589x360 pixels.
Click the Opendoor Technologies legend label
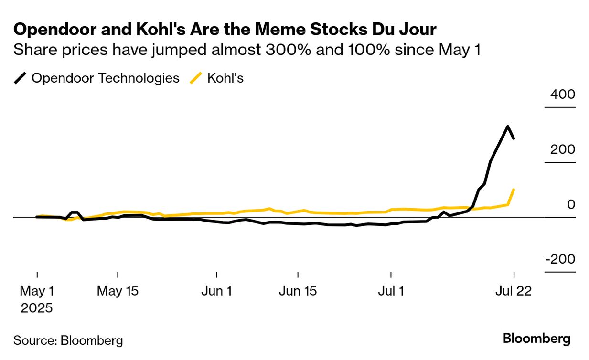tap(105, 78)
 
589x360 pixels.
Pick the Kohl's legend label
tap(225, 78)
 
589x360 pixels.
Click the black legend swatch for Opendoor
tap(21, 78)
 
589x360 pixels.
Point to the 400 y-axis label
tap(562, 94)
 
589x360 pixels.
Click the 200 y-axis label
tap(562, 149)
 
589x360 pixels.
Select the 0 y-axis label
tap(571, 204)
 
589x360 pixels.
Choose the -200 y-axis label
tap(559, 259)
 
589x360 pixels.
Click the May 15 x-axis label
tap(118, 291)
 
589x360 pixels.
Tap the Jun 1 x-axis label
tap(216, 291)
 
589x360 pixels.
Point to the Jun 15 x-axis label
tap(298, 291)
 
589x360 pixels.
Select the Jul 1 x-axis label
tap(391, 291)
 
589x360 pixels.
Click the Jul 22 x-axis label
tap(514, 291)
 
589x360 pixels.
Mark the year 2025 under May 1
tap(37, 308)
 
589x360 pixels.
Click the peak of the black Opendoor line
tap(507, 127)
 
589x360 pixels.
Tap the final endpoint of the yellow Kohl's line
tap(514, 190)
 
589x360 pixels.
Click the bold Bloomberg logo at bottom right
tap(536, 339)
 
